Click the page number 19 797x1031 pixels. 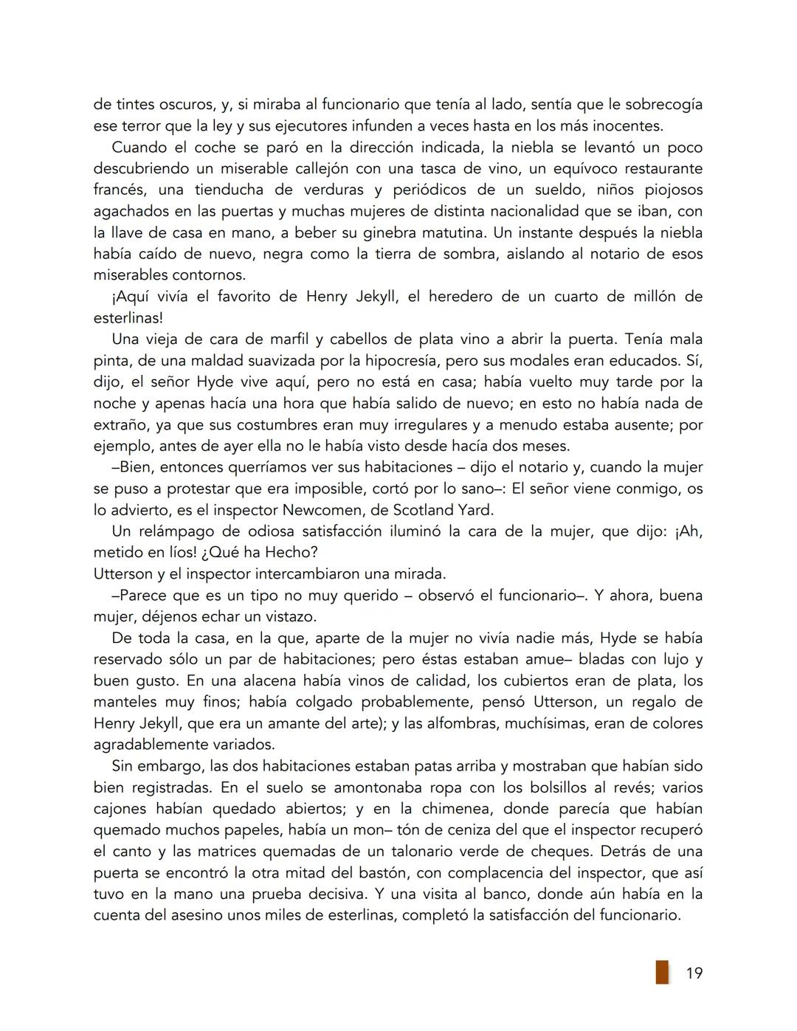pyautogui.click(x=694, y=973)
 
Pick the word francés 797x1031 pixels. pyautogui.click(x=118, y=190)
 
